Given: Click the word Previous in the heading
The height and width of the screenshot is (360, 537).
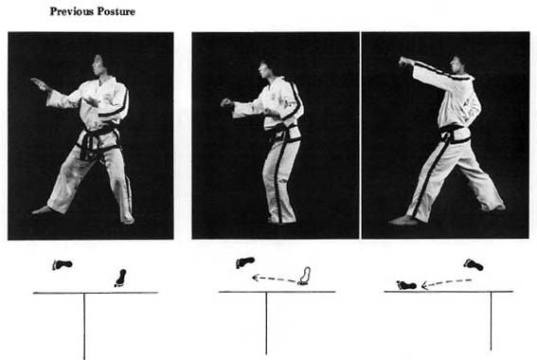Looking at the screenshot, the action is coord(71,11).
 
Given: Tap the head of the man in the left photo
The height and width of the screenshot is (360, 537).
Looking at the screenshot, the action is coord(98,65).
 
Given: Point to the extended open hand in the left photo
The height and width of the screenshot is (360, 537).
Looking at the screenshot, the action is coord(40,84).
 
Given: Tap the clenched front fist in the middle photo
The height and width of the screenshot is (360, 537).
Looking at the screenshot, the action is coord(226,102).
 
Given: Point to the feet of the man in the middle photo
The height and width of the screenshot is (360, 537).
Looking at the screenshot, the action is coord(281,219).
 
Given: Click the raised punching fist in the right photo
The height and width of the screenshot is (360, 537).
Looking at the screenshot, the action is coord(405,62).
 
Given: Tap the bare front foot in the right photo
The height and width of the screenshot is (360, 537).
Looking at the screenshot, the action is coord(403,220).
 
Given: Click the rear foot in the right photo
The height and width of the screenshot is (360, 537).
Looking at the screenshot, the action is coord(494,207).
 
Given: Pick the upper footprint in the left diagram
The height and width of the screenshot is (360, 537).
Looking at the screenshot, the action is coord(62,264).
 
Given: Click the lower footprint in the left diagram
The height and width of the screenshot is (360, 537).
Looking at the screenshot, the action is coord(120,279).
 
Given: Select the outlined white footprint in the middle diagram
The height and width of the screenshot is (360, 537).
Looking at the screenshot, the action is coord(304,276).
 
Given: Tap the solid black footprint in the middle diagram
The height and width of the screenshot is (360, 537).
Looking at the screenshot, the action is coord(245,262).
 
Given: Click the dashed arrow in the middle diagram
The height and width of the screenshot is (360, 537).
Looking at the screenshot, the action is coord(275,279).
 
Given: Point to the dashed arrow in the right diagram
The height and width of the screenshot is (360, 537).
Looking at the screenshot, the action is coord(446,283).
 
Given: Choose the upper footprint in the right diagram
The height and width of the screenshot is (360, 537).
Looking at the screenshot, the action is coord(474,264).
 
